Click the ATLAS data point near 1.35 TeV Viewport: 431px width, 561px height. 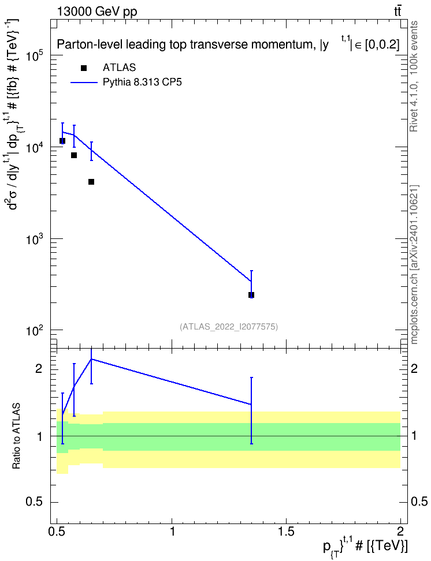click(x=251, y=295)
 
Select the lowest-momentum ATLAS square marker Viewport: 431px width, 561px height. click(x=62, y=141)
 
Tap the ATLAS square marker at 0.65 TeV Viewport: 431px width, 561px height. click(x=91, y=182)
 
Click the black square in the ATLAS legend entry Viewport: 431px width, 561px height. click(x=83, y=68)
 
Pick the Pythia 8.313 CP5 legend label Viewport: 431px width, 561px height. click(x=142, y=83)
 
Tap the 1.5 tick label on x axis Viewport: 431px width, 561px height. click(x=286, y=531)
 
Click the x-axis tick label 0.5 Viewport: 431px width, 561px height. click(x=57, y=531)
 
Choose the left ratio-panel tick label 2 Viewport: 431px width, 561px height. click(x=38, y=368)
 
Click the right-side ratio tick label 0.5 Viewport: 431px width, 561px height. click(x=418, y=502)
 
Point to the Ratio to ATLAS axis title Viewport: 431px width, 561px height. click(x=16, y=436)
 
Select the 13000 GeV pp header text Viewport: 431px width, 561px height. click(x=96, y=12)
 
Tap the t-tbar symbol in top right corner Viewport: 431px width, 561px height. click(x=397, y=12)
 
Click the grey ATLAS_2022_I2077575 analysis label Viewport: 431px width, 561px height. click(x=229, y=326)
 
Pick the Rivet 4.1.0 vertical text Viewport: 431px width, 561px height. click(x=414, y=76)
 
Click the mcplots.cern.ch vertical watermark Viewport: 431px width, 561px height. click(x=414, y=265)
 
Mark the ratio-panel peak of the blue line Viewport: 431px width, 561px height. click(x=91, y=359)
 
